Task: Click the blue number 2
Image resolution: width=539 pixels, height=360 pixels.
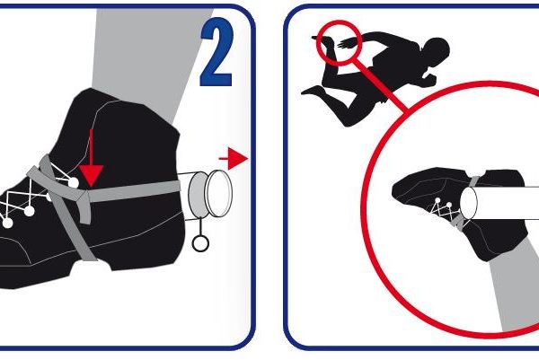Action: [216, 51]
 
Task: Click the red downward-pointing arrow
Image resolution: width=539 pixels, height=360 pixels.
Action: [91, 162]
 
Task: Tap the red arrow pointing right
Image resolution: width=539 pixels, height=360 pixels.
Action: [234, 159]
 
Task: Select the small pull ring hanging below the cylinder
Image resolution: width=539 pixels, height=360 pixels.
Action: [200, 243]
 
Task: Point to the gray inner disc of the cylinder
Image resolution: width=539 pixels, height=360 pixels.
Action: [197, 195]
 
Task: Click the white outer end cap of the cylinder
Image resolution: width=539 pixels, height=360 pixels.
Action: [218, 193]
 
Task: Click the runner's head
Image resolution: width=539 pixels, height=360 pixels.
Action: [436, 51]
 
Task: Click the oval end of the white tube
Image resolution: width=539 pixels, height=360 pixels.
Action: [469, 203]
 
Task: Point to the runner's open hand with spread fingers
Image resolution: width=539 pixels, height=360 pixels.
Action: [347, 44]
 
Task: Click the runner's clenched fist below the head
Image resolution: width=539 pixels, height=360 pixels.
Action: [430, 80]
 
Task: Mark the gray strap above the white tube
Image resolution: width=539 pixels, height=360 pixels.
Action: [473, 181]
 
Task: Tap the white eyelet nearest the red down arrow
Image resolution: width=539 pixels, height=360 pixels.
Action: [74, 183]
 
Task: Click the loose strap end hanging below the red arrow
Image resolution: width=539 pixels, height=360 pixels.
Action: [84, 210]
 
